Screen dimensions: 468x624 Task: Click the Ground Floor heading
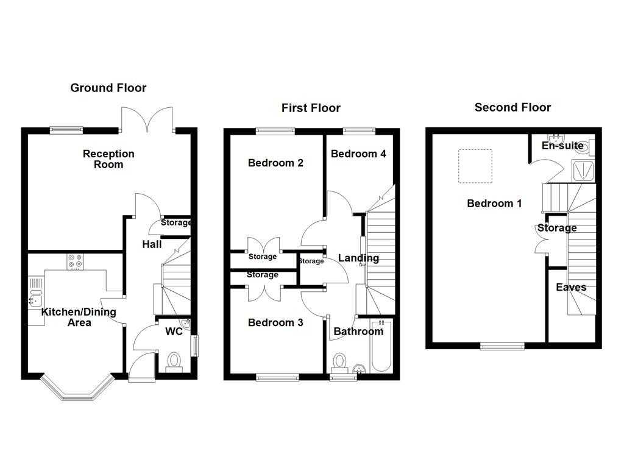[108, 88]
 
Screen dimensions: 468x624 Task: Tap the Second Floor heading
[512, 107]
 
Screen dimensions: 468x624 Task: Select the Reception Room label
[108, 159]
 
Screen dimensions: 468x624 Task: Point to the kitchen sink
[35, 299]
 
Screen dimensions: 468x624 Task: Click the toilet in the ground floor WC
[174, 361]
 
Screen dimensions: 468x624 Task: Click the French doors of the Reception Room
[146, 119]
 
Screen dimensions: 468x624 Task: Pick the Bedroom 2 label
[275, 163]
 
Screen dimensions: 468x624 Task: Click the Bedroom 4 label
[358, 154]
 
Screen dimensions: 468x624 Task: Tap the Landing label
[358, 258]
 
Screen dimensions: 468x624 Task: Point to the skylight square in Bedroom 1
[473, 166]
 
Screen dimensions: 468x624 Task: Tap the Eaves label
[571, 288]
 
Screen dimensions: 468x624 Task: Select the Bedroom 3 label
[275, 322]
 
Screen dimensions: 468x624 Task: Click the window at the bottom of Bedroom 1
[502, 346]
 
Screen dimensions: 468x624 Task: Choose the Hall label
[152, 244]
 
